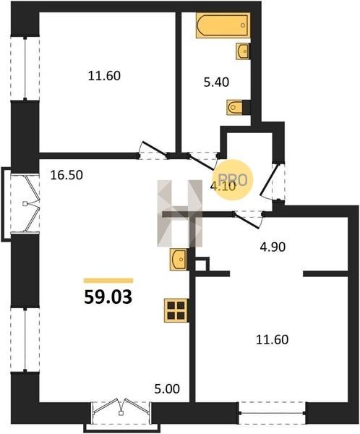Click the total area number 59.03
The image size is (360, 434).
pyautogui.click(x=108, y=297)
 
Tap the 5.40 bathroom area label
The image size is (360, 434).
pyautogui.click(x=216, y=82)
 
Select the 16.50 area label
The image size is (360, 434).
pyautogui.click(x=67, y=175)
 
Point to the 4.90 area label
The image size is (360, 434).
pyautogui.click(x=273, y=247)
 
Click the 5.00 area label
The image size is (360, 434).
pyautogui.click(x=167, y=389)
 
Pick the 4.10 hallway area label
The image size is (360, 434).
pyautogui.click(x=223, y=187)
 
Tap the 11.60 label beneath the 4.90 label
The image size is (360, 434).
pyautogui.click(x=273, y=340)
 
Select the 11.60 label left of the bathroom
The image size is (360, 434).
pyautogui.click(x=104, y=76)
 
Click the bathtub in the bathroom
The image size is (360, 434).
pyautogui.click(x=223, y=25)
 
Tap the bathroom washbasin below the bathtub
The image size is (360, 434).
pyautogui.click(x=243, y=51)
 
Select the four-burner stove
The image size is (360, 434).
pyautogui.click(x=176, y=310)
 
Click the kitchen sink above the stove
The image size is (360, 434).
pyautogui.click(x=179, y=260)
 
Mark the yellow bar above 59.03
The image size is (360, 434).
pyautogui.click(x=108, y=281)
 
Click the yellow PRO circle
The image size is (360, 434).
pyautogui.click(x=233, y=179)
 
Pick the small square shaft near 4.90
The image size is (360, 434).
pyautogui.click(x=202, y=264)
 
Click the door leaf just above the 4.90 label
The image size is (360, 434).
pyautogui.click(x=247, y=221)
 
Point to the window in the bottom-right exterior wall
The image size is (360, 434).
pyautogui.click(x=273, y=413)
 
